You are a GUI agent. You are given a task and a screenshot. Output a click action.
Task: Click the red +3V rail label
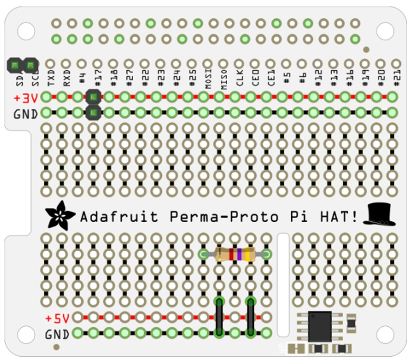point(25,99)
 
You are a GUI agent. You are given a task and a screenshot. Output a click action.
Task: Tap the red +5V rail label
point(57,318)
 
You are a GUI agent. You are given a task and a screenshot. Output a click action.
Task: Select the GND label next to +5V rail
point(57,334)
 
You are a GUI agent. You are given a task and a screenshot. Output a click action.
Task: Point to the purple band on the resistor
point(239,255)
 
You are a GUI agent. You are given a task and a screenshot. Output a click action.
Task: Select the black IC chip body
point(320,326)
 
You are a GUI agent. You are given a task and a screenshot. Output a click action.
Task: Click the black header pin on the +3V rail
point(94,97)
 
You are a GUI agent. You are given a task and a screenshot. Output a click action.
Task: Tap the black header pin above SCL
point(30,65)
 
